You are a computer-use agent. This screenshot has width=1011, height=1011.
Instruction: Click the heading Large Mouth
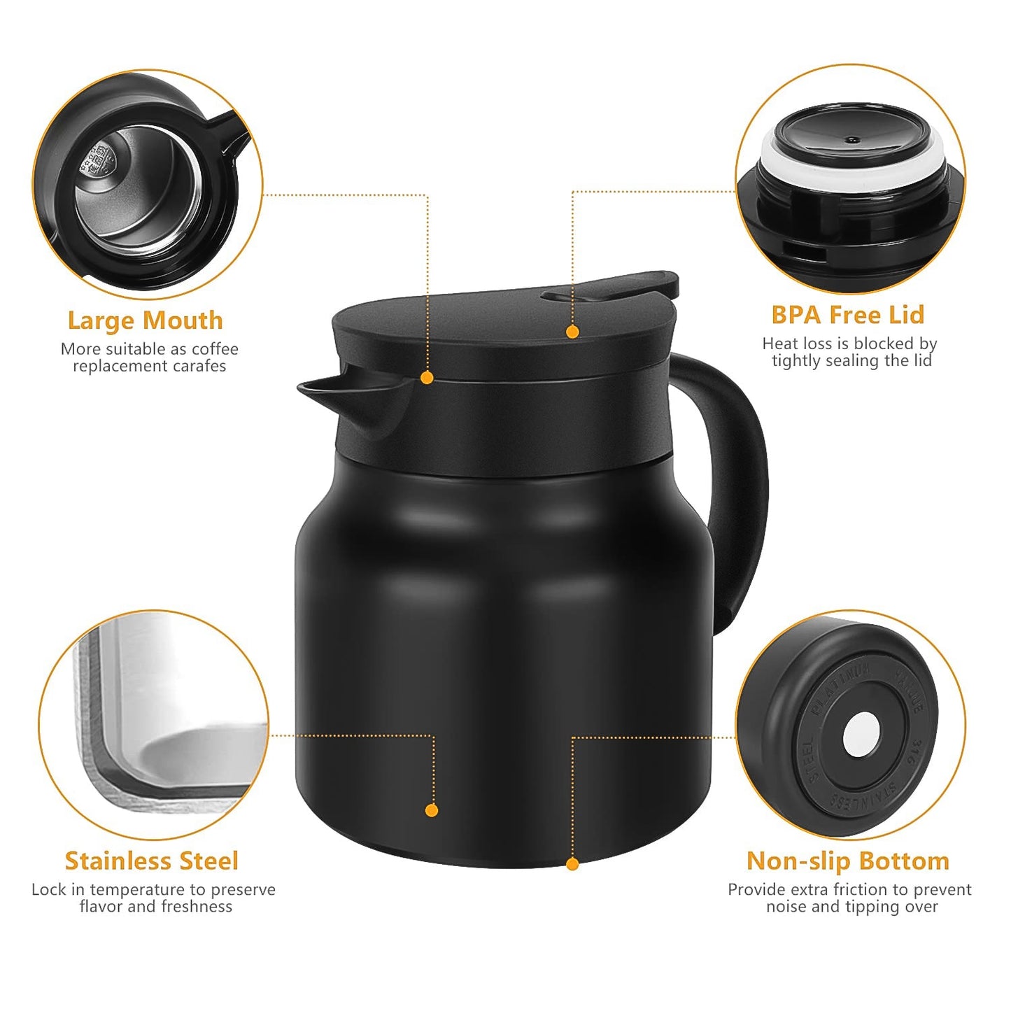[145, 320]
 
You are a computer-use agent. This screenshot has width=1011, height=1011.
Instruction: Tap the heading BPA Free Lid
[847, 315]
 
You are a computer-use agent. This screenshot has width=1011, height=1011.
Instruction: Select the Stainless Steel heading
[151, 861]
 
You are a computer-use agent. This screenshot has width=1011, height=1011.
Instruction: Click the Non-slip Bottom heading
[847, 861]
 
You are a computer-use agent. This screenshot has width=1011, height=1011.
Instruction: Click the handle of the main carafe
[742, 490]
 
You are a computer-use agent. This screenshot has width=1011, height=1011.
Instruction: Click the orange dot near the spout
[427, 378]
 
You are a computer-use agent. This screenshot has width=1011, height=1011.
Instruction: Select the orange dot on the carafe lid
[572, 332]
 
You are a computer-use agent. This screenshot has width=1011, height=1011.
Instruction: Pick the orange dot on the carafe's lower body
[432, 810]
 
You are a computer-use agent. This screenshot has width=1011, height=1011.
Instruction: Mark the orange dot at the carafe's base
[572, 864]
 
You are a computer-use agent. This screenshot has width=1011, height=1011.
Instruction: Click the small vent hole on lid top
[851, 140]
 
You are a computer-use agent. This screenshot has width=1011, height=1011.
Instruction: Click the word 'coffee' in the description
[215, 349]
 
